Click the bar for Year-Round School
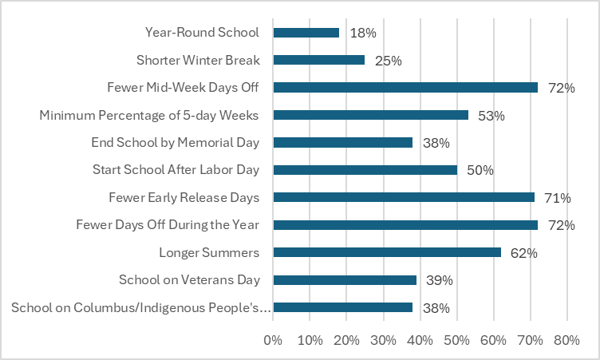click(x=306, y=33)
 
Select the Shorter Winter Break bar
click(x=318, y=60)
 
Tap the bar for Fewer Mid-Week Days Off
click(x=405, y=88)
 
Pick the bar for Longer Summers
click(x=387, y=253)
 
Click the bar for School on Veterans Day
click(x=345, y=280)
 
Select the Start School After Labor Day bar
click(x=365, y=170)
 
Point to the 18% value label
click(x=363, y=33)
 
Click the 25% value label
click(x=388, y=60)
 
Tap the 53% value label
click(x=491, y=115)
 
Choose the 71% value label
click(x=558, y=198)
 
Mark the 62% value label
click(x=524, y=253)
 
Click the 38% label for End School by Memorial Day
click(x=436, y=143)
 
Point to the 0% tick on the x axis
click(x=273, y=340)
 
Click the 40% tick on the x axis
click(x=420, y=340)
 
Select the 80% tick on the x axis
click(x=566, y=340)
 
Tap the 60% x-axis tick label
click(x=493, y=340)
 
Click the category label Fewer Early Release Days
click(x=184, y=198)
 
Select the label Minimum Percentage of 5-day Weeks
click(x=149, y=115)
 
